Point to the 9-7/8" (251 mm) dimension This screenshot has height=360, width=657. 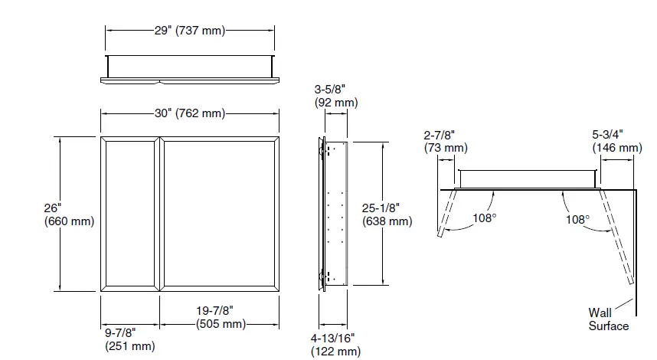[129, 339]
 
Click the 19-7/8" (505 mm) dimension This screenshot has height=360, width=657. [220, 316]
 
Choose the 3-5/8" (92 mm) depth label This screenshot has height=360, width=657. [335, 95]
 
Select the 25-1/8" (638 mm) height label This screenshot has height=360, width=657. [387, 214]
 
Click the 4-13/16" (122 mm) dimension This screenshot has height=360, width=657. [335, 345]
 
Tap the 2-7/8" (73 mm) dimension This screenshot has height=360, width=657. [446, 141]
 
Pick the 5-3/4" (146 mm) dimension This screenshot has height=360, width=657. [616, 141]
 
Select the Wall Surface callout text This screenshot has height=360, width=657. [608, 319]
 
